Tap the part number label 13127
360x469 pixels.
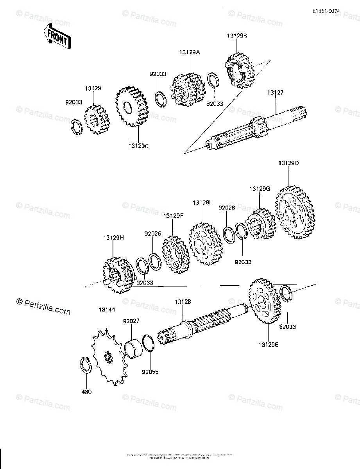(276, 93)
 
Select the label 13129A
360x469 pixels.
(190, 52)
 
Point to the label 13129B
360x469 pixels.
(237, 36)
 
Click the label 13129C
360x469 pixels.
(138, 146)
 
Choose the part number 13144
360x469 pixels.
(107, 310)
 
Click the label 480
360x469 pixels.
(87, 392)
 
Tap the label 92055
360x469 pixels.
(150, 372)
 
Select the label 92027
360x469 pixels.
(131, 321)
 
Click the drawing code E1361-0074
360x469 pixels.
(326, 13)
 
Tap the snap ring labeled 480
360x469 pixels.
(86, 365)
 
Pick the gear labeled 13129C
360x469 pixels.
(132, 106)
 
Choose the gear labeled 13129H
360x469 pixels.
(117, 275)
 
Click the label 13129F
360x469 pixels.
(174, 215)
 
